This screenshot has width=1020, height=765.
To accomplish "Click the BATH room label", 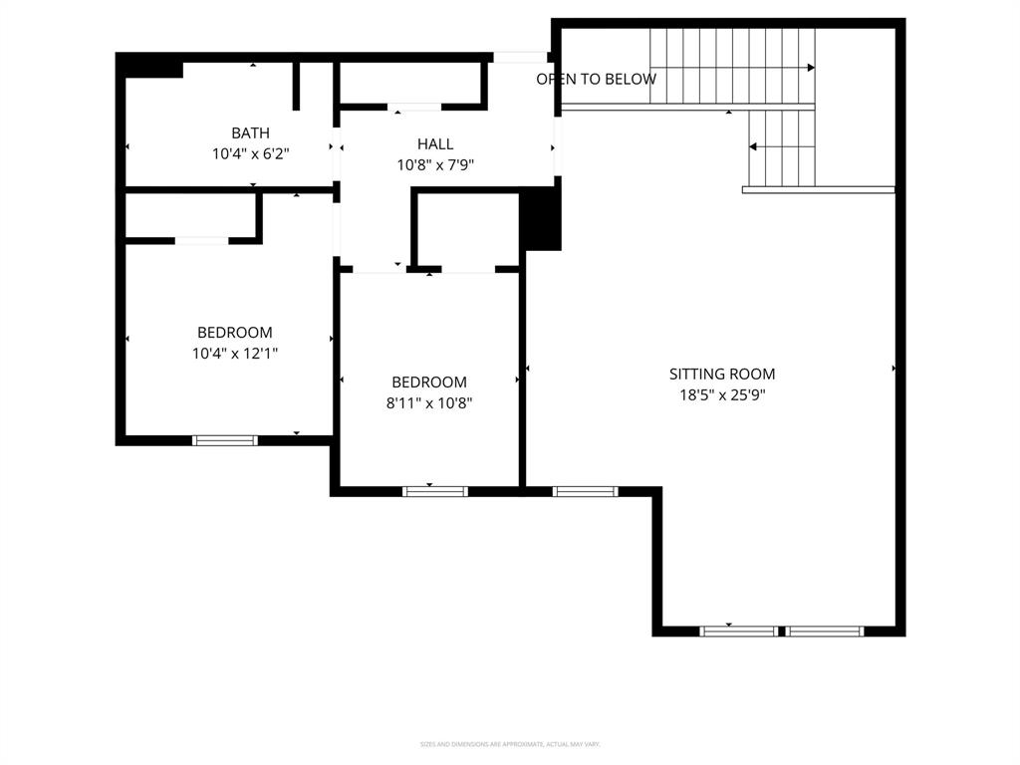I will [x=250, y=132].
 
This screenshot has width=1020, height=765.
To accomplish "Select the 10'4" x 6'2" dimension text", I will [x=250, y=154].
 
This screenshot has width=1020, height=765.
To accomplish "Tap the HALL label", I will [x=435, y=144].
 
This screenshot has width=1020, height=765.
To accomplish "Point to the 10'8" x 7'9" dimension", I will [x=435, y=165].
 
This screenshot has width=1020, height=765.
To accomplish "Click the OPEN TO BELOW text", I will [x=596, y=79].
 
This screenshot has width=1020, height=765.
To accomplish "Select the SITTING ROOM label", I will [x=721, y=375].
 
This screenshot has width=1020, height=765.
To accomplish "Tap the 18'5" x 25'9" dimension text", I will [x=721, y=395].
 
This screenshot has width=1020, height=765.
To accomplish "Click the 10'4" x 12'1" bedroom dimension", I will [x=235, y=354].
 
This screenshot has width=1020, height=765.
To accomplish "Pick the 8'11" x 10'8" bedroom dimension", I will [x=429, y=403].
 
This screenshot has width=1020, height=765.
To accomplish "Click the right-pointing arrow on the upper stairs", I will [x=810, y=68].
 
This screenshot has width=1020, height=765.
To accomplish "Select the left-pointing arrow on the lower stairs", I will [x=754, y=146].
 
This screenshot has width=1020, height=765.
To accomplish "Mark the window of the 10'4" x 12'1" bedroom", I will [x=225, y=440].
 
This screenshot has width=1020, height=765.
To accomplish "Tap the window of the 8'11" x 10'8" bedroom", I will [x=435, y=491].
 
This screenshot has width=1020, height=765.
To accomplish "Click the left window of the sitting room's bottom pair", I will [x=739, y=631].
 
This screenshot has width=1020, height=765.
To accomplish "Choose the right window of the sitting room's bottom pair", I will [x=826, y=631].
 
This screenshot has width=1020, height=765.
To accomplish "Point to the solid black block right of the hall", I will [x=541, y=219].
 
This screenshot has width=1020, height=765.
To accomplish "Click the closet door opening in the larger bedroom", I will [x=202, y=240].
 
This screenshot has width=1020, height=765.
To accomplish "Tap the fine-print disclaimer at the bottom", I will [x=510, y=744].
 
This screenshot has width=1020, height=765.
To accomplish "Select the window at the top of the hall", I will [x=521, y=57].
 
